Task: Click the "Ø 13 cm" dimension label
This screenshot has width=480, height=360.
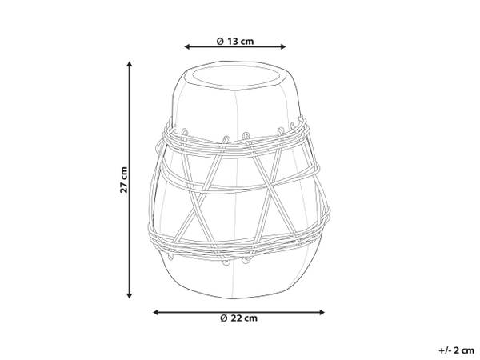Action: (x=235, y=41)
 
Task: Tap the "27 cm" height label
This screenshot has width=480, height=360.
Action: (x=124, y=180)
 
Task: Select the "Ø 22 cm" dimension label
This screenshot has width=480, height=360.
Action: (x=238, y=318)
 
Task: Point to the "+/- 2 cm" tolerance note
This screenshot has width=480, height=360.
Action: (x=457, y=350)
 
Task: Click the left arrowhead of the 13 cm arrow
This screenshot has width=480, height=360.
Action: (x=186, y=47)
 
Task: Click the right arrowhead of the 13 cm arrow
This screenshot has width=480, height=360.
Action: (x=283, y=47)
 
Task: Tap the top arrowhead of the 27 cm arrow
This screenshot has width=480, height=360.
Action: (x=130, y=64)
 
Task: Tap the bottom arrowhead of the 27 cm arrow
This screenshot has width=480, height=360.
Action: (x=130, y=295)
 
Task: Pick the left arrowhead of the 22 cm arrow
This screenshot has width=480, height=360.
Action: (x=156, y=312)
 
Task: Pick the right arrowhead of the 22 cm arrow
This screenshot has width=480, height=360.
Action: (x=322, y=312)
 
